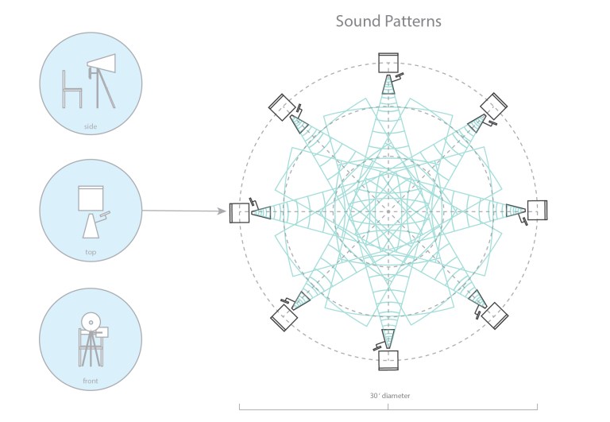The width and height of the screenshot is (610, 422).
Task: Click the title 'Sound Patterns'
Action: tap(388, 21)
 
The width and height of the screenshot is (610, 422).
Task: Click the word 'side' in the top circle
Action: tap(90, 126)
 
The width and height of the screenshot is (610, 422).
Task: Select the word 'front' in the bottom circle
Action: tap(90, 381)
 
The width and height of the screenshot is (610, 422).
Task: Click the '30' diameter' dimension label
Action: tap(388, 395)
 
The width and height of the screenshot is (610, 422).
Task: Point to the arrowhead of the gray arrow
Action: tap(222, 211)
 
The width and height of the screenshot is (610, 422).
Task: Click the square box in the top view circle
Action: tap(91, 198)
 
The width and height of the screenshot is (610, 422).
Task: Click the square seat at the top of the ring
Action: tap(388, 62)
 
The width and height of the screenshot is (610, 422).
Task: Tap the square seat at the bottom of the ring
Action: tap(388, 360)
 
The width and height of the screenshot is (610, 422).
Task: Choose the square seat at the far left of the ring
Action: tap(239, 212)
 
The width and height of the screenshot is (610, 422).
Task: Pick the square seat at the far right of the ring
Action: tap(538, 211)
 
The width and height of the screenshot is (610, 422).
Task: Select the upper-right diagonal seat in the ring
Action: tap(494, 105)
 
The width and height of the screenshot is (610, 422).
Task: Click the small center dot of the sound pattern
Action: tap(388, 211)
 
